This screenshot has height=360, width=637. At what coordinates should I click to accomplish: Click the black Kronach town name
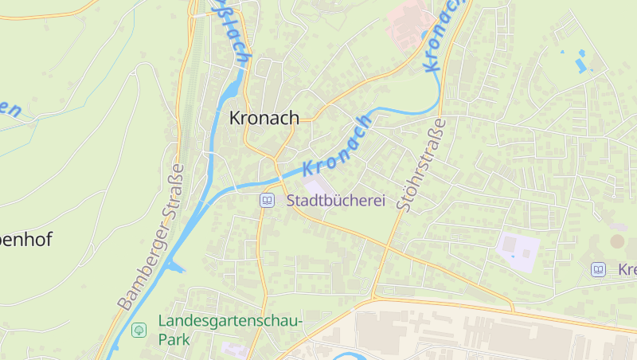264,118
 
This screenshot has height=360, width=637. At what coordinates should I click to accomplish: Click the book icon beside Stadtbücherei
268,201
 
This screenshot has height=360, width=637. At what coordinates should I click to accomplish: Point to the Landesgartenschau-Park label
230,330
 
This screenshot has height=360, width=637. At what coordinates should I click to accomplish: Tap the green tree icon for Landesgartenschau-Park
139,330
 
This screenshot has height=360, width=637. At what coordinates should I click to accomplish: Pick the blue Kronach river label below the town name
338,146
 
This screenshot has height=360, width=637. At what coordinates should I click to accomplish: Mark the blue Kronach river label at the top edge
443,36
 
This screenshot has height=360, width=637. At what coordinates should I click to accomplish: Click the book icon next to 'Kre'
598,270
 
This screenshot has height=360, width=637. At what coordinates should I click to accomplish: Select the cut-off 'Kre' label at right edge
627,270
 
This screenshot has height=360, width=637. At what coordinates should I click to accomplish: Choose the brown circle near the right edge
618,241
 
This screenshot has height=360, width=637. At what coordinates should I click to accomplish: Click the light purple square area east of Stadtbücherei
518,251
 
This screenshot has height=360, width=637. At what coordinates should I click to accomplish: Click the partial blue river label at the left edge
10,109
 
